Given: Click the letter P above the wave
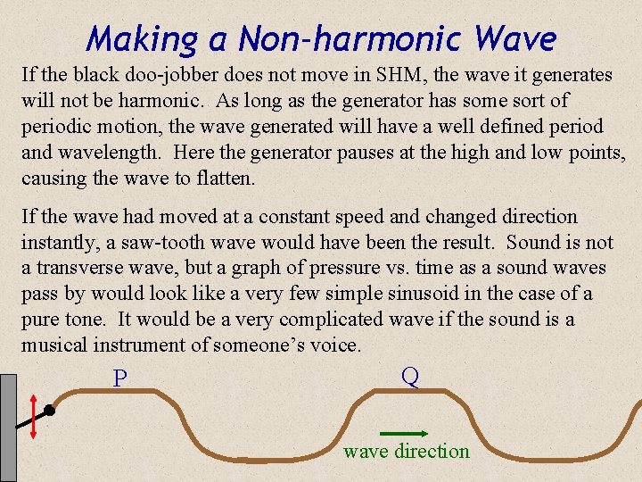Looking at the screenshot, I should pyautogui.click(x=120, y=379).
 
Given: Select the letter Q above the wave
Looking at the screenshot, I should pyautogui.click(x=410, y=376).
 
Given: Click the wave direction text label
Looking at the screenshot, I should pyautogui.click(x=407, y=452).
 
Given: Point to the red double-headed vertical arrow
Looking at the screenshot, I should pyautogui.click(x=33, y=416).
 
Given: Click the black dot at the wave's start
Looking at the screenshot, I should pyautogui.click(x=50, y=411).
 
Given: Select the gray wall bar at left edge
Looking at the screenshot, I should pyautogui.click(x=9, y=428).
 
